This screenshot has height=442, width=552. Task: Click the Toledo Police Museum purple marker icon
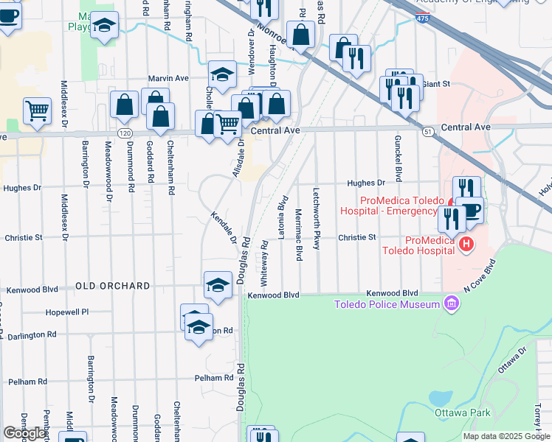tap(452, 304)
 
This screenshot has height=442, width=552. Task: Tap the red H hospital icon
tap(466, 244)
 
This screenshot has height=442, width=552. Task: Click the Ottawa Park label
tap(462, 413)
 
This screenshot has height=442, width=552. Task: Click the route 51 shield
tap(428, 131)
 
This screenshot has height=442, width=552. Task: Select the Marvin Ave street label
tap(168, 78)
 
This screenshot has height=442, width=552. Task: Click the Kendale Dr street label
tap(223, 229)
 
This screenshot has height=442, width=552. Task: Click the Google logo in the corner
tap(24, 433)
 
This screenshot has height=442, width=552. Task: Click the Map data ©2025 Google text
tap(506, 436)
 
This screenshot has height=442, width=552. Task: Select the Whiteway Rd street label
tap(264, 270)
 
